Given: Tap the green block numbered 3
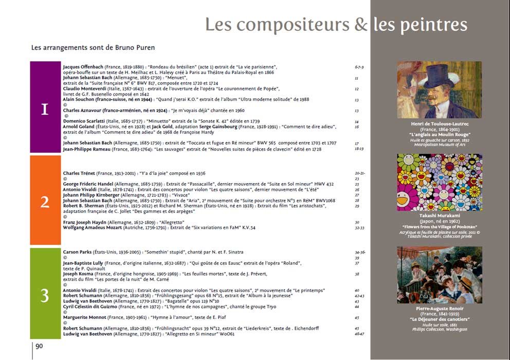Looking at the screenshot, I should point(45,293).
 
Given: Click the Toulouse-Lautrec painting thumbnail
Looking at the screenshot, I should point(439,90).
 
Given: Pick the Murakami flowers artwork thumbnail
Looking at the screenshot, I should point(439,182).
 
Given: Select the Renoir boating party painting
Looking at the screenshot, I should point(439,275).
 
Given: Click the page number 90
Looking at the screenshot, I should point(39,346).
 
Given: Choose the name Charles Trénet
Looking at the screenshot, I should point(79,173).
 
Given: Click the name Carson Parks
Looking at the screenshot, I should point(77,252).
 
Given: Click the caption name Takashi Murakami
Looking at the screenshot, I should point(439,216).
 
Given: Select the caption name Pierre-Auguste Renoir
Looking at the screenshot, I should point(439,309).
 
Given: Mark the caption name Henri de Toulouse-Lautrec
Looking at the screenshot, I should point(439,124).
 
